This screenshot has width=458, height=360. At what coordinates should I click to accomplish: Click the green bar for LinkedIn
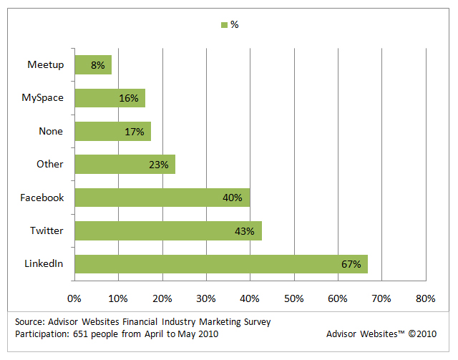[x=220, y=263]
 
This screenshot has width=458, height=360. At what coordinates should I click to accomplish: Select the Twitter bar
[x=167, y=230]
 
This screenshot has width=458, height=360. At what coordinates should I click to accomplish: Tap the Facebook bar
[x=162, y=198]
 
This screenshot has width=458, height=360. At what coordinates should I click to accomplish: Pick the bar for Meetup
[x=92, y=65]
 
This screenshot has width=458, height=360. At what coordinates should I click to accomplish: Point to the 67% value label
[x=351, y=264]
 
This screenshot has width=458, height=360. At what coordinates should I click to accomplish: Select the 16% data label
[x=129, y=98]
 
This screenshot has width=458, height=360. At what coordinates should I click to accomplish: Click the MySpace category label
[x=44, y=98]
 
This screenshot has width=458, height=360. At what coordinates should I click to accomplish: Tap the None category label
[x=51, y=131]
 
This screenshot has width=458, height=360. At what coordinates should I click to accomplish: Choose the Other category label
[x=50, y=164]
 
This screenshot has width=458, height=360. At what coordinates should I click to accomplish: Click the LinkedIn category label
[x=44, y=263]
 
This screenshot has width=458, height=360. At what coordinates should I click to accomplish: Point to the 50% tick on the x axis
[x=294, y=298]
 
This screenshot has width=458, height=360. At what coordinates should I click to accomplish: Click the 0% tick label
[x=74, y=298]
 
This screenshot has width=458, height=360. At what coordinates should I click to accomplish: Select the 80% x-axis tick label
[x=426, y=298]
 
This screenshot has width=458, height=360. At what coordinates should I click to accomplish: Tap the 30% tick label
[x=206, y=298]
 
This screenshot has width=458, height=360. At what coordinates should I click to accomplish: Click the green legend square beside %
[x=225, y=24]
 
